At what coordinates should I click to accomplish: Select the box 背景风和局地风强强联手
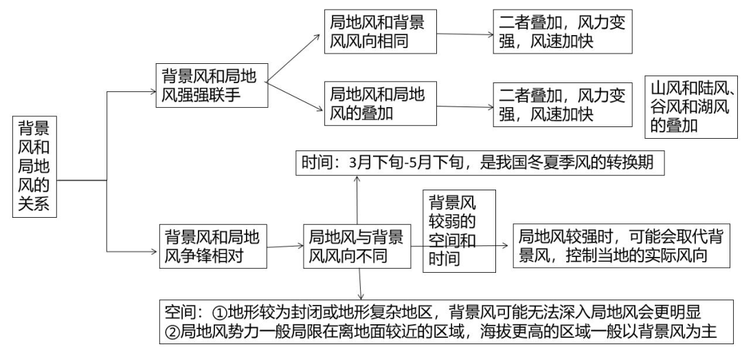coord(209,85)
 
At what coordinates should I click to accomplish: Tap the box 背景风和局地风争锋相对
coord(210,246)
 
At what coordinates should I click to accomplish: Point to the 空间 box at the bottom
coord(443,319)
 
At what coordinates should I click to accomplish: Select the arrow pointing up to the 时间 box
coord(358,199)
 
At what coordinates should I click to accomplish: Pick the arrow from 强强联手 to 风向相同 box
coord(293,58)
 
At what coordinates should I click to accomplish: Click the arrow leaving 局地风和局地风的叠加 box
coord(464,105)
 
